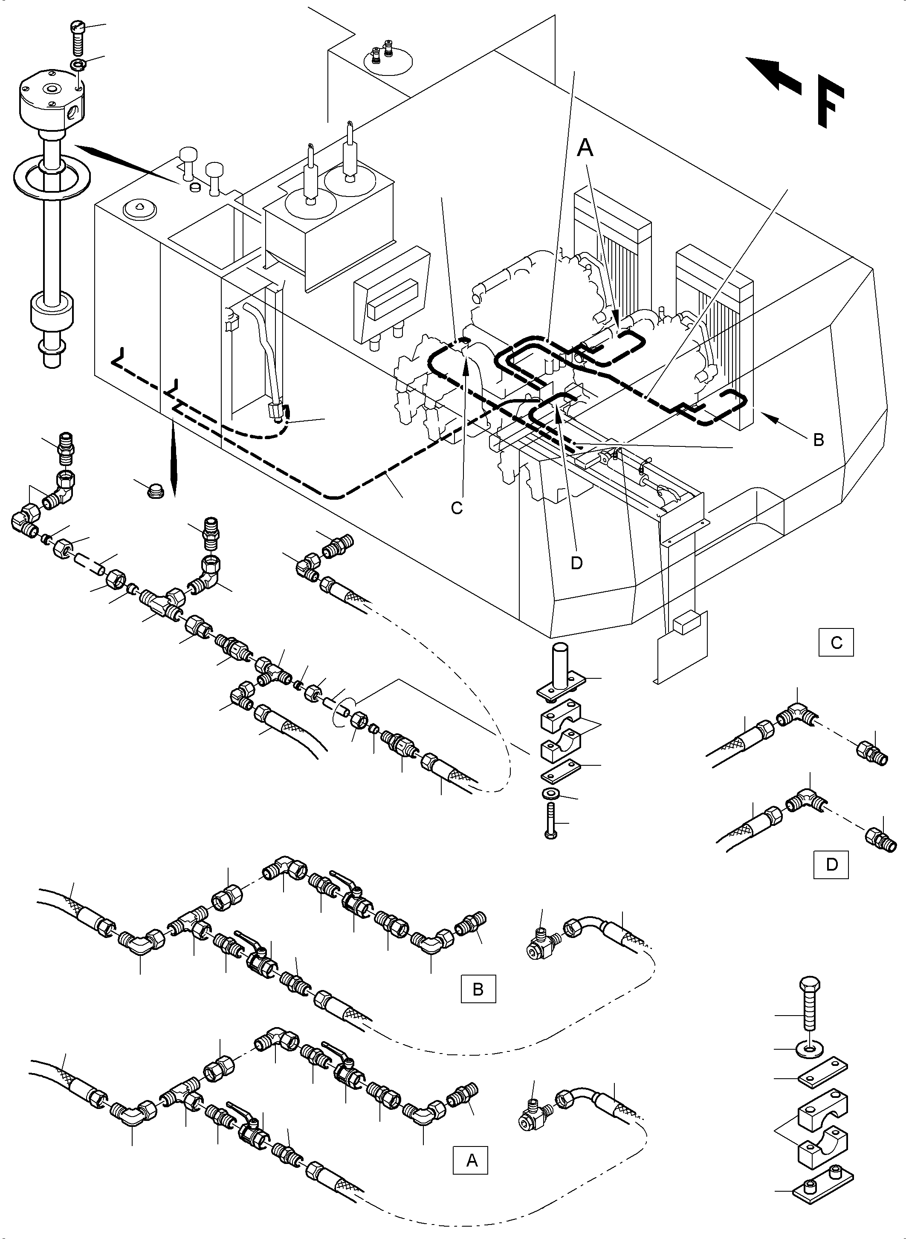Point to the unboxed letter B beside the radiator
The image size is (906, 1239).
coord(818,440)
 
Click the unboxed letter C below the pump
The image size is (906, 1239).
coord(457,508)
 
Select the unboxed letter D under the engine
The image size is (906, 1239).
coord(576,563)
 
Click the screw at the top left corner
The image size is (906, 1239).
coord(78,34)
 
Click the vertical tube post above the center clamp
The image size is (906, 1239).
coord(558,666)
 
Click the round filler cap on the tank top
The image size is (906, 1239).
coord(141,208)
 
